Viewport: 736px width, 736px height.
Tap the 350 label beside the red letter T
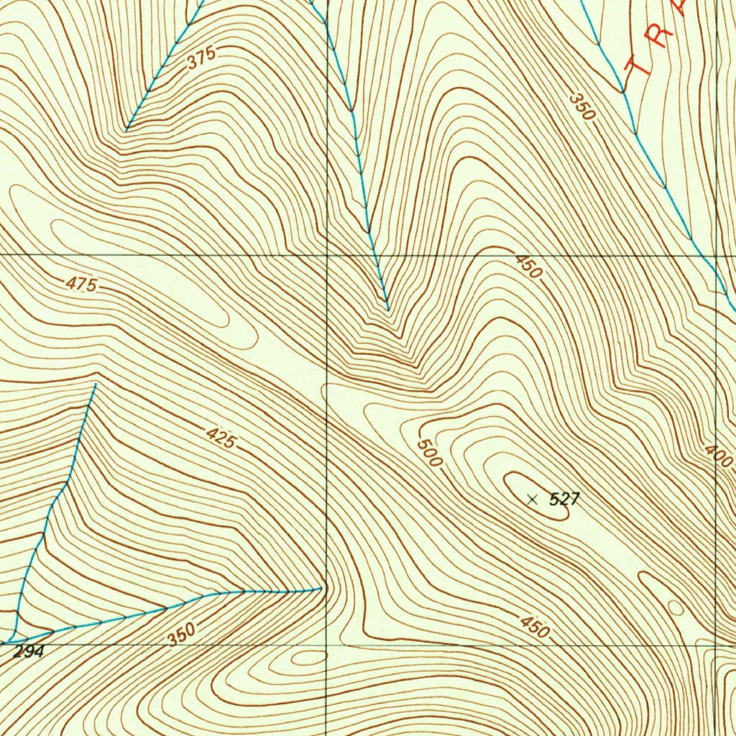click(584, 106)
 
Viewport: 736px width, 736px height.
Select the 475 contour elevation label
click(81, 285)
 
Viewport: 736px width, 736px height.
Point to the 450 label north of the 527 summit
click(528, 267)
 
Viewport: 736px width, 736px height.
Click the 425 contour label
click(220, 438)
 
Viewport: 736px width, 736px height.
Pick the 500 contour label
click(428, 453)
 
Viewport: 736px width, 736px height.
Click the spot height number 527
click(564, 499)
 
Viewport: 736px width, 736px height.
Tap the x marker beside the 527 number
click(532, 499)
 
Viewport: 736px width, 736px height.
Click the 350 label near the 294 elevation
click(182, 634)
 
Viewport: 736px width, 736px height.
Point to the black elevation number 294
click(29, 652)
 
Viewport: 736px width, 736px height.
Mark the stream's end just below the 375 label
click(126, 130)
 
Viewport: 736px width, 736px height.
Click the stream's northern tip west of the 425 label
click(95, 385)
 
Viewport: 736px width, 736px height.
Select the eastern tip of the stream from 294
click(321, 589)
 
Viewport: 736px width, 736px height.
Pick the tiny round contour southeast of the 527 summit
click(676, 608)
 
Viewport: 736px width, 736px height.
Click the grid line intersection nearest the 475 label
click(327, 254)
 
